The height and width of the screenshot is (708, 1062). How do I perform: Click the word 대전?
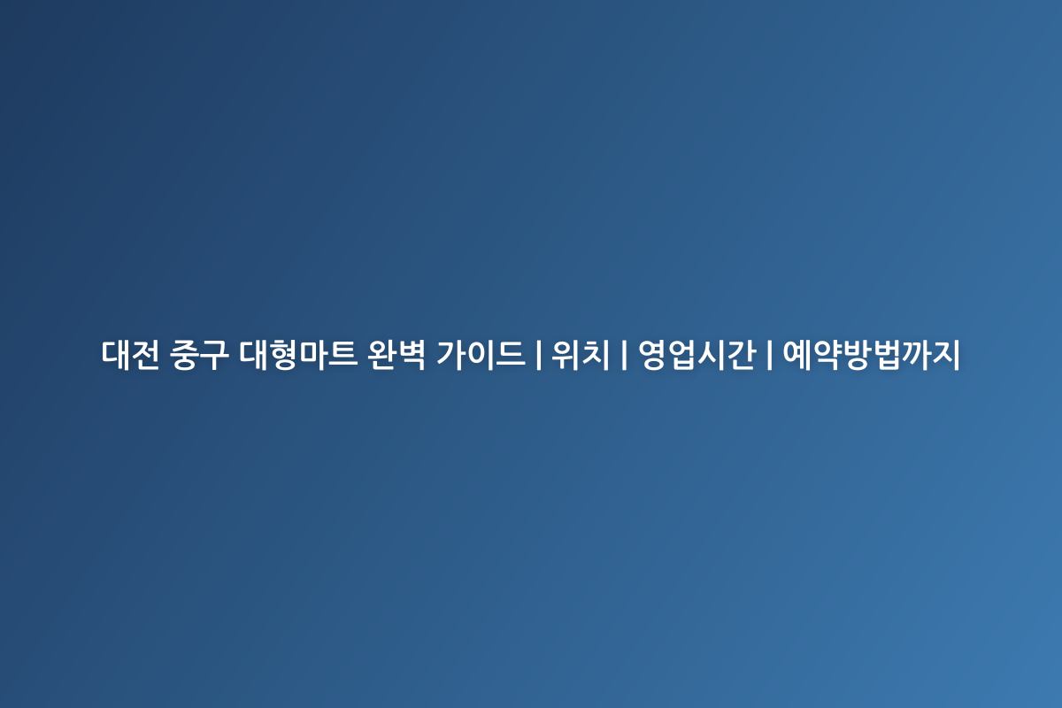130,355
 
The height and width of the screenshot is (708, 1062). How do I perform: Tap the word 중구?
199,355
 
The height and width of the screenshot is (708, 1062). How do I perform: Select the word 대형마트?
298,355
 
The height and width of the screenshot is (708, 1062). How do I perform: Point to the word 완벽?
396,355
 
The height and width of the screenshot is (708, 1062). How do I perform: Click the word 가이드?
481,355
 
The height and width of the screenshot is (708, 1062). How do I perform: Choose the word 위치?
581,355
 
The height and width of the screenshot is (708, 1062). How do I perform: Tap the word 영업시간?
697,355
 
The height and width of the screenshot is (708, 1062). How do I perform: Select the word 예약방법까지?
872,355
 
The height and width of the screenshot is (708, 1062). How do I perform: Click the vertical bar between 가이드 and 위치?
539,355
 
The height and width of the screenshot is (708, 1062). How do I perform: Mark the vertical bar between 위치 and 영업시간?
624,355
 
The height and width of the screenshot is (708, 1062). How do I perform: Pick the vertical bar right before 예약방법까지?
769,355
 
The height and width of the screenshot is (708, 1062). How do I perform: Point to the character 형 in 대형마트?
283,355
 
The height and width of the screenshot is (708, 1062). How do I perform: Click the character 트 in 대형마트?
342,355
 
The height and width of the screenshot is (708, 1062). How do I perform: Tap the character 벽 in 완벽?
411,355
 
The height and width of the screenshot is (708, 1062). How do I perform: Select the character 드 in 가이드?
511,355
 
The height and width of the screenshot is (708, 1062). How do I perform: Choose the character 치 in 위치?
595,355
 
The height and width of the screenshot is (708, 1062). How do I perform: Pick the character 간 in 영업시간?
741,355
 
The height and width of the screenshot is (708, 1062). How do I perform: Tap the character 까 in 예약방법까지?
916,355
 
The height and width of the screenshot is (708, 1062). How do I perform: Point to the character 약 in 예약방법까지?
827,355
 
